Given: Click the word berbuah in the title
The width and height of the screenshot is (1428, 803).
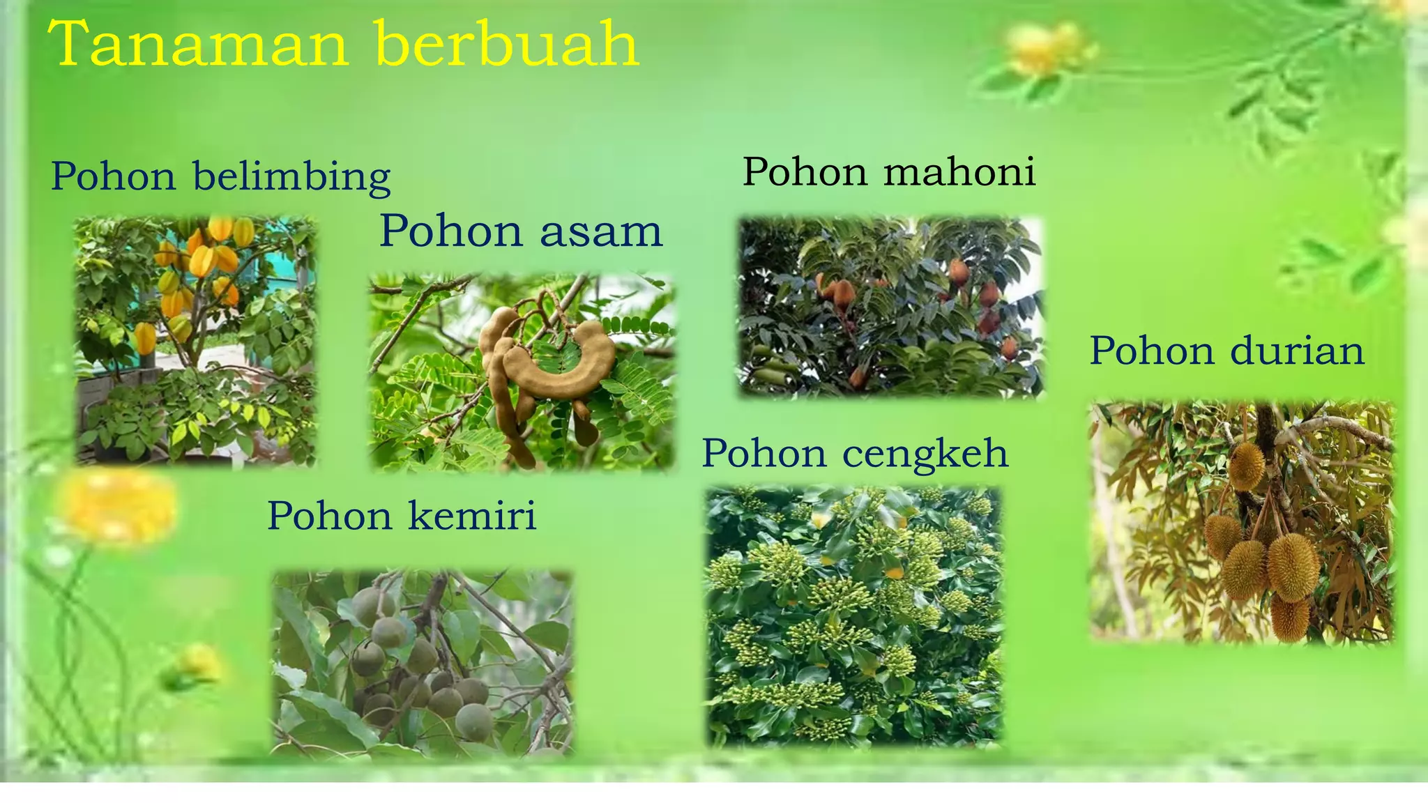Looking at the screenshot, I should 506,44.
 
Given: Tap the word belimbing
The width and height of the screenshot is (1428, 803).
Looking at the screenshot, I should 291,177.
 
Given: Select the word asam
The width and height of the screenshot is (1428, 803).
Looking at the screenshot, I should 600,231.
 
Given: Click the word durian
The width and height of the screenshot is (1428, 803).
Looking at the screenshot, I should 1297,351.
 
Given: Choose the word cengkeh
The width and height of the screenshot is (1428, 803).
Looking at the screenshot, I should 925,454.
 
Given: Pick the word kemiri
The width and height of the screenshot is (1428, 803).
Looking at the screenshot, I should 472,517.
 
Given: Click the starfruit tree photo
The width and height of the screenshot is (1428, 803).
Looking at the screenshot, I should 195,340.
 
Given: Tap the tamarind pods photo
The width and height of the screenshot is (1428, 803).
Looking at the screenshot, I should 522,372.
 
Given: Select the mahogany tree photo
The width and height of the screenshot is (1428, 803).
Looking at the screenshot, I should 890,307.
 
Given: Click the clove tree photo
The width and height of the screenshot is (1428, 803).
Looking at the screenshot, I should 854,616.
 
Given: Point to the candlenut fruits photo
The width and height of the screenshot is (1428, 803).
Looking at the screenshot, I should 422,663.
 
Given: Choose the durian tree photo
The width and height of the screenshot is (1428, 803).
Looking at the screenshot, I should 1242,521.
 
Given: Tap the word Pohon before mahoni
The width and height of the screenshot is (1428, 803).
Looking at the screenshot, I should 805,172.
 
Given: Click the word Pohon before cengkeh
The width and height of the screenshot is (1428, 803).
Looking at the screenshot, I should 764,454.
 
